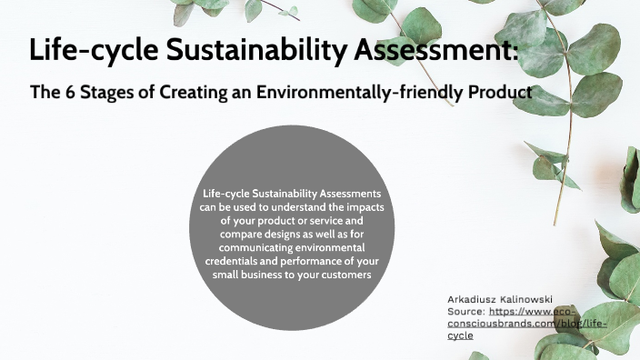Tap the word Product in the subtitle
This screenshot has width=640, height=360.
498,92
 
